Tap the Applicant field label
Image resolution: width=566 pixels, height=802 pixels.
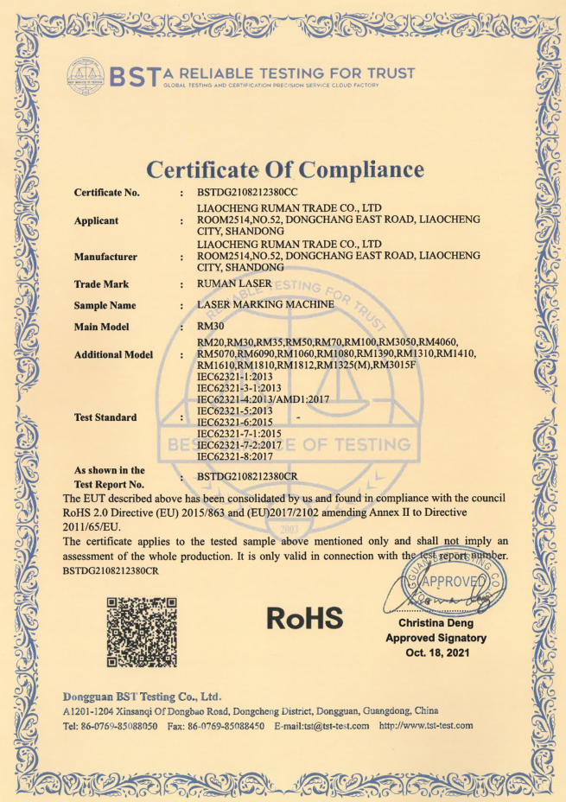(x=97, y=220)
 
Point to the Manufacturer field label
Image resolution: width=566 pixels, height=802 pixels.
(x=105, y=257)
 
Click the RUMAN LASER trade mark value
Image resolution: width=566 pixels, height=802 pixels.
(x=234, y=283)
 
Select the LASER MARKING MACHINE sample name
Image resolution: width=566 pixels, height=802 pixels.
(x=266, y=305)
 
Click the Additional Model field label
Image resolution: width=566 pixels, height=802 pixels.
(x=113, y=354)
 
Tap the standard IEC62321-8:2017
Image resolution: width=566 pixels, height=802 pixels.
(x=236, y=455)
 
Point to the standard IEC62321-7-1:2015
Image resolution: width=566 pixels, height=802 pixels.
(x=239, y=433)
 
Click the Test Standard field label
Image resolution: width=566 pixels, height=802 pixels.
(x=105, y=417)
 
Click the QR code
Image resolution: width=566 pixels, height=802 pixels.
(x=141, y=631)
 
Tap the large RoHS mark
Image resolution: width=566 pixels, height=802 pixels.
(x=305, y=618)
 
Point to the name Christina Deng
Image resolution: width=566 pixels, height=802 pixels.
(x=437, y=623)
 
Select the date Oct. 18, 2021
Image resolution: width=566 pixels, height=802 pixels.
(x=437, y=652)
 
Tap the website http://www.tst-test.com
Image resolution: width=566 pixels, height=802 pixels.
(x=427, y=726)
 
